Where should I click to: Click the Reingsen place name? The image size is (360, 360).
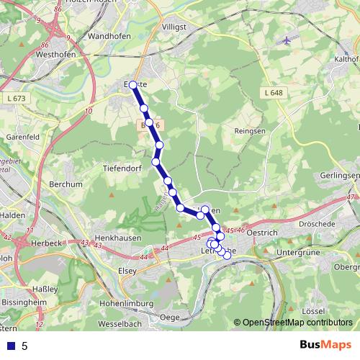(251, 130)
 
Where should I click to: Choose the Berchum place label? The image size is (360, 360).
(63, 184)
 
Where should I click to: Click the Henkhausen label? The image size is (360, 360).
(117, 237)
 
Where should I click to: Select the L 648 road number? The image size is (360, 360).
(274, 93)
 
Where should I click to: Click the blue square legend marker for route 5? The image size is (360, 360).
(11, 346)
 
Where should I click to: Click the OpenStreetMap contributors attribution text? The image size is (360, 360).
(297, 323)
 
